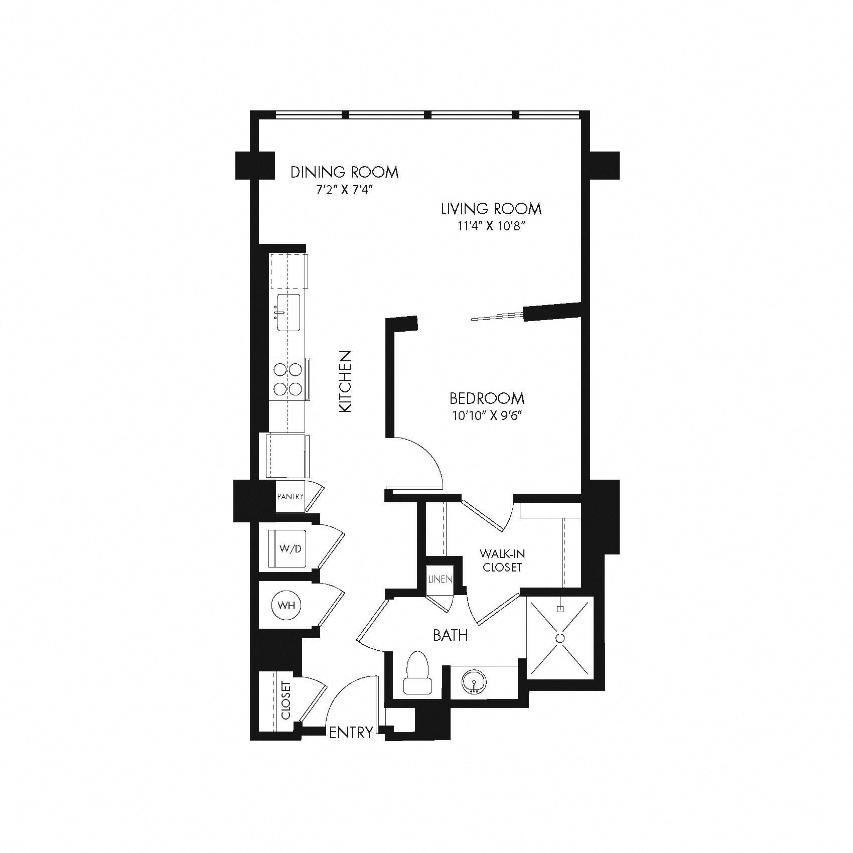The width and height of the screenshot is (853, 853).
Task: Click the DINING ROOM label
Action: click(345, 172)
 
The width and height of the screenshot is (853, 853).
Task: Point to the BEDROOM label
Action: click(487, 399)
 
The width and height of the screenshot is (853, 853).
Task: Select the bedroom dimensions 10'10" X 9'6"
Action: click(487, 416)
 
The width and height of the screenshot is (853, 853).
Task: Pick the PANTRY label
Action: click(291, 497)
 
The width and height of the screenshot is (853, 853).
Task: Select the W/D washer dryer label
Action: click(291, 548)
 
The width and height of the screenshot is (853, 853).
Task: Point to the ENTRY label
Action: click(351, 732)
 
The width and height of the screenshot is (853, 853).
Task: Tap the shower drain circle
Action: click(560, 638)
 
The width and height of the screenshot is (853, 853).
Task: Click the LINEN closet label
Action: click(440, 579)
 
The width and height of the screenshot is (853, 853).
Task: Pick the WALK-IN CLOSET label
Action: click(501, 560)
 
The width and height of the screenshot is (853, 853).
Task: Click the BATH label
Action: click(451, 635)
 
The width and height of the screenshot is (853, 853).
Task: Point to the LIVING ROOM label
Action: click(491, 208)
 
